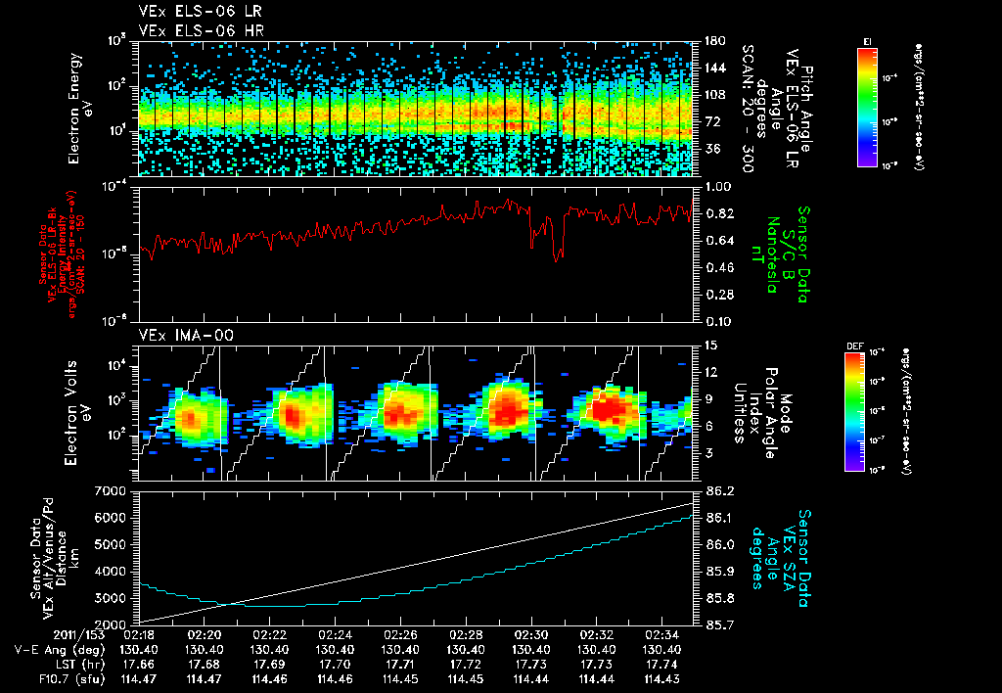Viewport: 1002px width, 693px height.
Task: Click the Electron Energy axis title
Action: click(x=79, y=109)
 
